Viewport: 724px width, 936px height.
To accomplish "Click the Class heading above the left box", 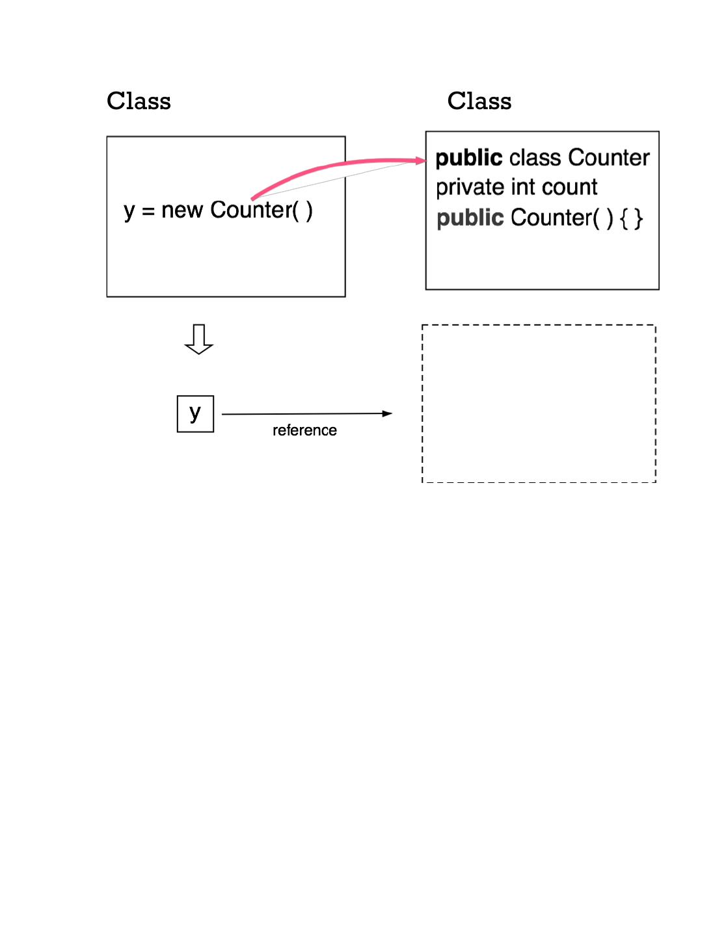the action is (139, 101).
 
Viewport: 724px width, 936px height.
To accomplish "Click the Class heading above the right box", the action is (479, 101).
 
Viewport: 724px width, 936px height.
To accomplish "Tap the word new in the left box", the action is (182, 210).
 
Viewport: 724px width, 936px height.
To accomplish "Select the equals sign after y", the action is (148, 211).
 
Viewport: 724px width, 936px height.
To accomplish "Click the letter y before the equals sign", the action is (129, 211).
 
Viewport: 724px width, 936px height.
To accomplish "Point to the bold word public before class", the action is (469, 158).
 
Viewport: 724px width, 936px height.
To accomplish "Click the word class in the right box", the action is (535, 158).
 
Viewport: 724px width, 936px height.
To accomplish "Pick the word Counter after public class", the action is (609, 158).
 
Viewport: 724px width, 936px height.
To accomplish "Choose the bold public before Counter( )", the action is (470, 218).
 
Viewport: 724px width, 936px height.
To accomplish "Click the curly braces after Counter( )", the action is (631, 218).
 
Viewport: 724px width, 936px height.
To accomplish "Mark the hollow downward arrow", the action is (199, 339).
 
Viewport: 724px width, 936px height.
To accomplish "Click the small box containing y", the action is (195, 414).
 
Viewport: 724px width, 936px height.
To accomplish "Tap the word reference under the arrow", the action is (304, 430).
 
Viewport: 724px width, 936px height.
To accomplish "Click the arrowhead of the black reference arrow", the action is (387, 413).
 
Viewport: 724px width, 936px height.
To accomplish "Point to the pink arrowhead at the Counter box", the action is (420, 161).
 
